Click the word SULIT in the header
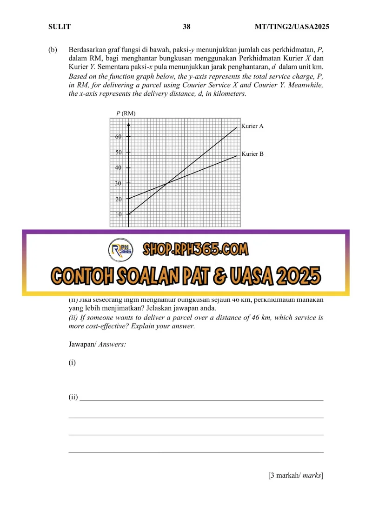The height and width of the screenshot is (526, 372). coord(60,27)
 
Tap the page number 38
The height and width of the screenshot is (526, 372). coord(186,27)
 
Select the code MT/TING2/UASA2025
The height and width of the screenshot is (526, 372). coord(292,27)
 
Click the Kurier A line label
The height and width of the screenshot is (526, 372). coord(252,126)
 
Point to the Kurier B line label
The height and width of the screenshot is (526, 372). coord(252,154)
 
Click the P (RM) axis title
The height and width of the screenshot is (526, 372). coord(126,113)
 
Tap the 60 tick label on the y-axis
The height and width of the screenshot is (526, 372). coord(119,137)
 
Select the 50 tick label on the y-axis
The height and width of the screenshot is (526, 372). coord(119,153)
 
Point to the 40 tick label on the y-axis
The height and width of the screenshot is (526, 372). coord(119,168)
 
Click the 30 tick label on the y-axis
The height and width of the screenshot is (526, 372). coord(119,184)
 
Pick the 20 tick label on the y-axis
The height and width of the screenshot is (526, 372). coord(119,199)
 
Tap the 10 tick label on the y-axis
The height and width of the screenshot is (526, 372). coord(119,215)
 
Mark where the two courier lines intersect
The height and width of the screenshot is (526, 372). coord(166,184)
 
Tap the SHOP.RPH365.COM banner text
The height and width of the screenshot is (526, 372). coord(195,250)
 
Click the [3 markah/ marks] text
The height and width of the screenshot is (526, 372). coord(296,475)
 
